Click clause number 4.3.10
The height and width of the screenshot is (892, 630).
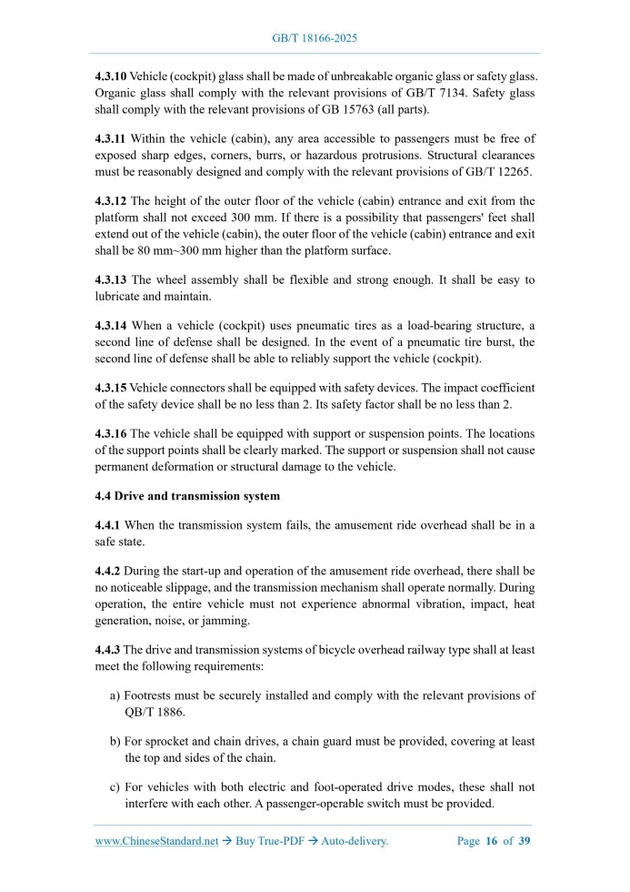coord(111,76)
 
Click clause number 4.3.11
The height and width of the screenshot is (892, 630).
coord(111,138)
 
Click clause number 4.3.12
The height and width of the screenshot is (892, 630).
coord(111,200)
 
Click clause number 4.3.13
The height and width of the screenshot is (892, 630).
coord(111,279)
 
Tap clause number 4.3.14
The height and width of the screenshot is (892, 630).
coord(111,325)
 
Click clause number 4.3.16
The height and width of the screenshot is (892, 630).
coord(111,433)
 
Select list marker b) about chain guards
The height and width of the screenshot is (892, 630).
coord(115,742)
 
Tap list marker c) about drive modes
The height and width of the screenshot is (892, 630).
coord(115,787)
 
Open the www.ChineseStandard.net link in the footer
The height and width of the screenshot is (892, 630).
coord(156,841)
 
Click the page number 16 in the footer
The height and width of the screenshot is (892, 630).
coord(492,841)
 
